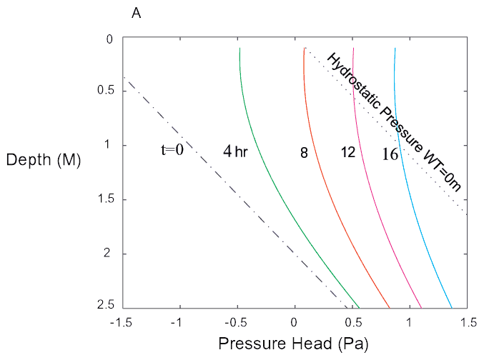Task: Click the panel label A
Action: [x=135, y=12]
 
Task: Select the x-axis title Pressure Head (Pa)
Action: [x=293, y=344]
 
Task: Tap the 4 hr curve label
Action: [x=234, y=151]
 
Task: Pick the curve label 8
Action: [x=304, y=152]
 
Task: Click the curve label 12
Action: [x=348, y=152]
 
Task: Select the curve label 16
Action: [x=390, y=153]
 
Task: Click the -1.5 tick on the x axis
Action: [x=121, y=322]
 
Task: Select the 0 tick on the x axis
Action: [x=295, y=322]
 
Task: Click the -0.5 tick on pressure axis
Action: [x=237, y=322]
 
